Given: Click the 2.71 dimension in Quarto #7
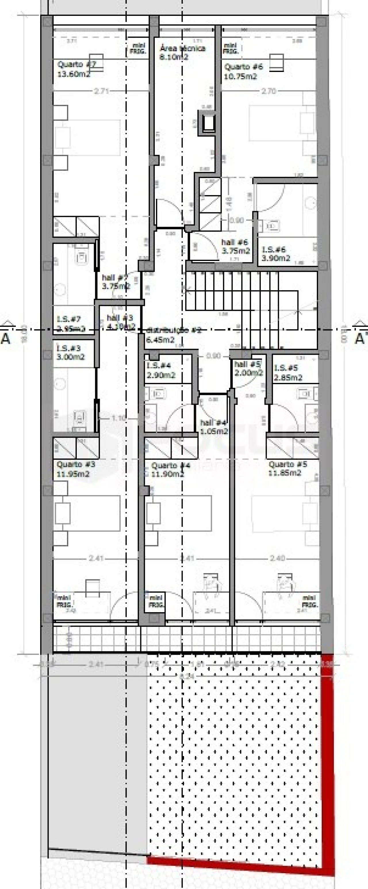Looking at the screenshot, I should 101,91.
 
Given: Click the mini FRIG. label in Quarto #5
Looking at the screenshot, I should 309,601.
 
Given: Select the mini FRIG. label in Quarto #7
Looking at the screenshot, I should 138,49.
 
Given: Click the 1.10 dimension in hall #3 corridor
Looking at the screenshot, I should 118,418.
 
